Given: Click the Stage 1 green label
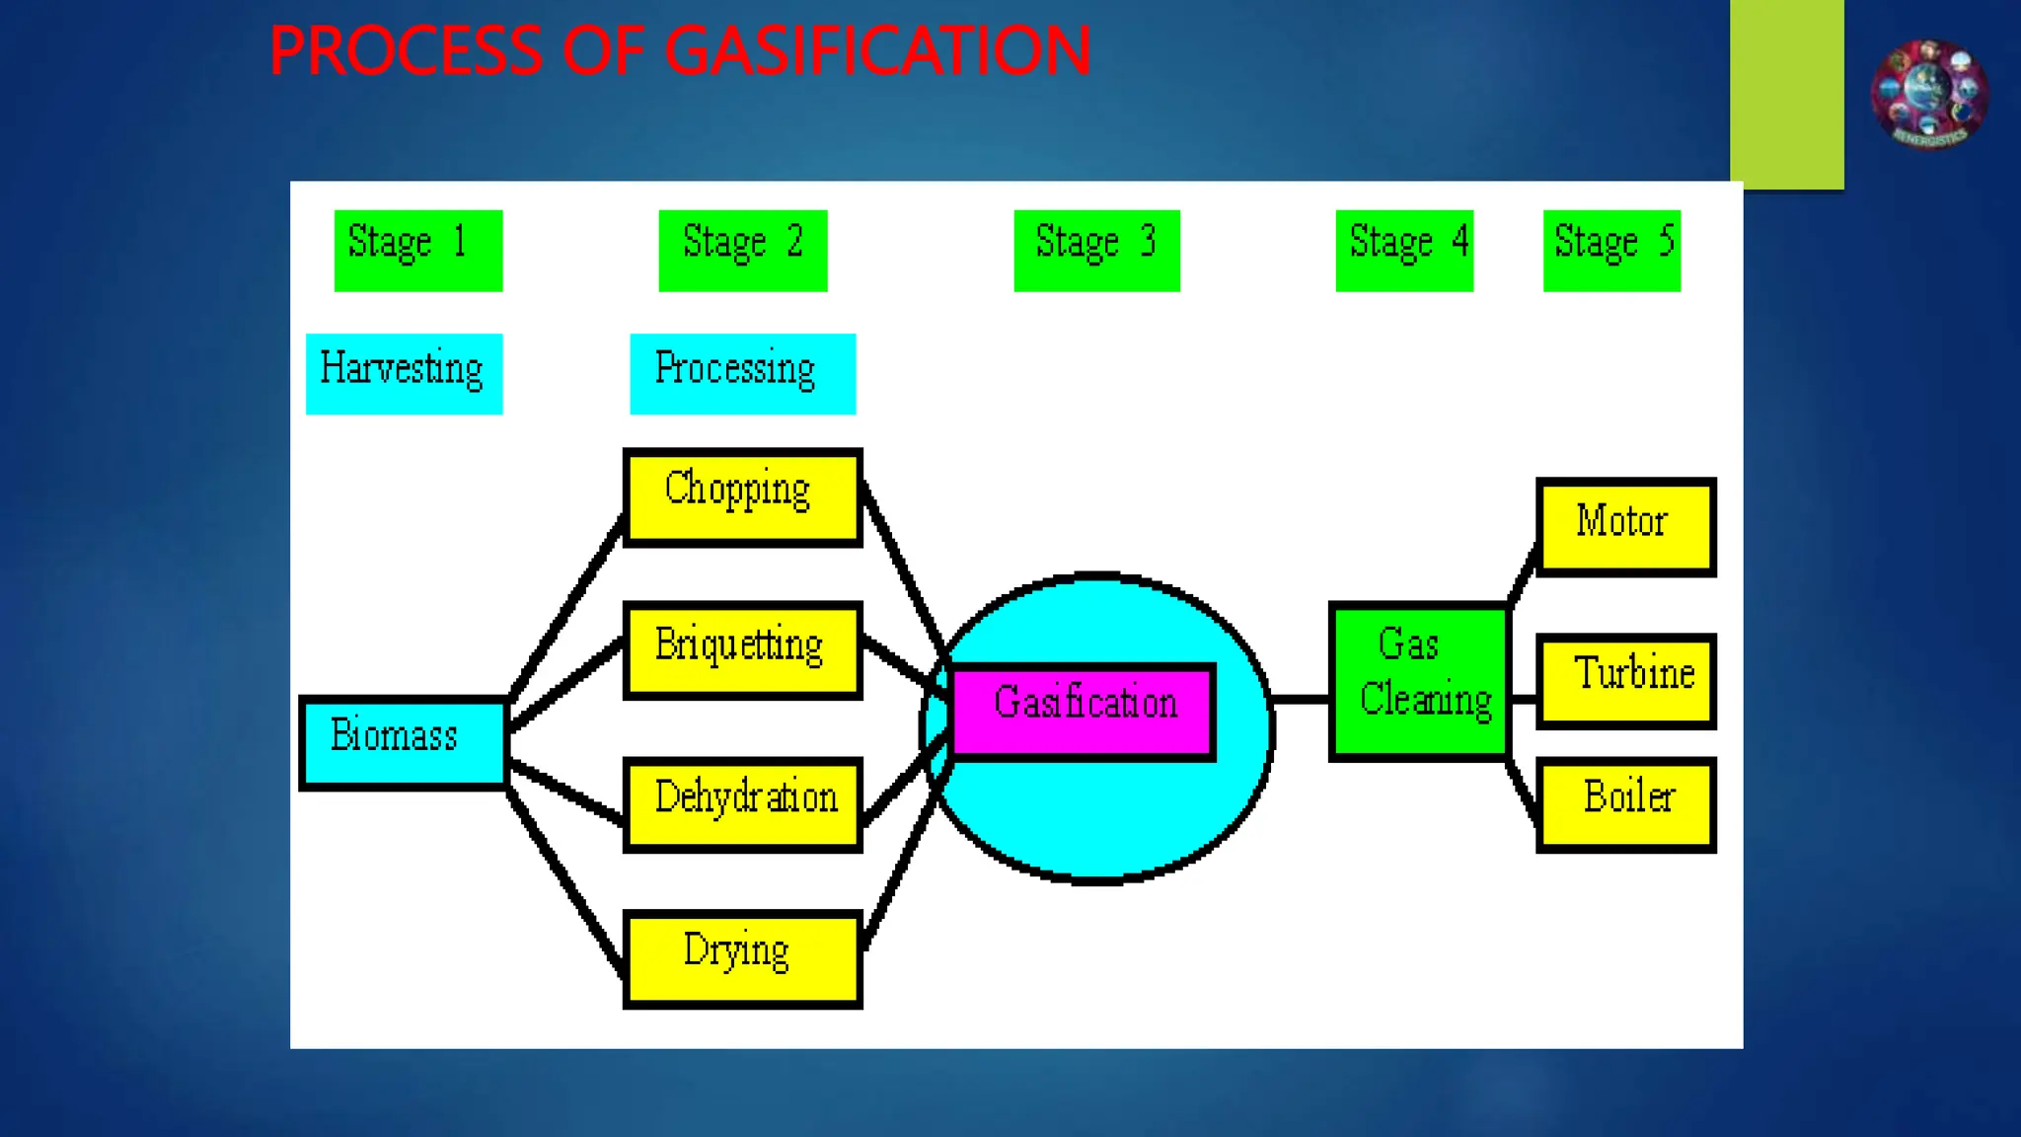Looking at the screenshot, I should coord(417,250).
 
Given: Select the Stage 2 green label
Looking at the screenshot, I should coord(742,250).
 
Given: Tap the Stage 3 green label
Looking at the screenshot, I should coord(1096,250).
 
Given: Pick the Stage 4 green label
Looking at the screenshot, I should coord(1403,250).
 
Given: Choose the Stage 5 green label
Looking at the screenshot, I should coord(1610,250).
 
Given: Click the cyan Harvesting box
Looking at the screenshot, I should coord(404,373).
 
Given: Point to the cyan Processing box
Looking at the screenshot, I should coord(742,373).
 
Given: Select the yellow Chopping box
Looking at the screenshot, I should coord(742,496).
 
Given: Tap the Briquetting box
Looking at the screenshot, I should coord(742,649).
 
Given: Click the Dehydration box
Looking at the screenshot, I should coord(742,802).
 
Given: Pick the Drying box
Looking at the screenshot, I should coord(742,957).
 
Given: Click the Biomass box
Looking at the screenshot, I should coord(403,742).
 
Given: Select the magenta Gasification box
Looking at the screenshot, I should coord(1083,711).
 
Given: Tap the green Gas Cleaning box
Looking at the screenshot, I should coord(1419,681).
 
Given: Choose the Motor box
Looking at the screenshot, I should coord(1625,526).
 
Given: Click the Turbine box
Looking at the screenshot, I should coord(1625,681).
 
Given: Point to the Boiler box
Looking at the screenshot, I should coord(1625,804).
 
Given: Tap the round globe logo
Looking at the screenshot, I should coord(1928,95).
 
